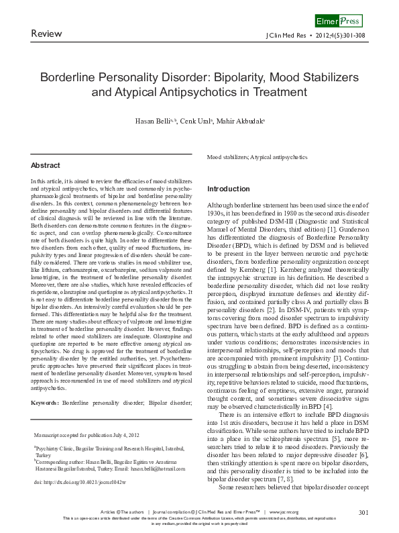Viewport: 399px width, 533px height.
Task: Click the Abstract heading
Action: click(46, 165)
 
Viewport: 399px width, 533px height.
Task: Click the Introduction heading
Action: click(229, 189)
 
